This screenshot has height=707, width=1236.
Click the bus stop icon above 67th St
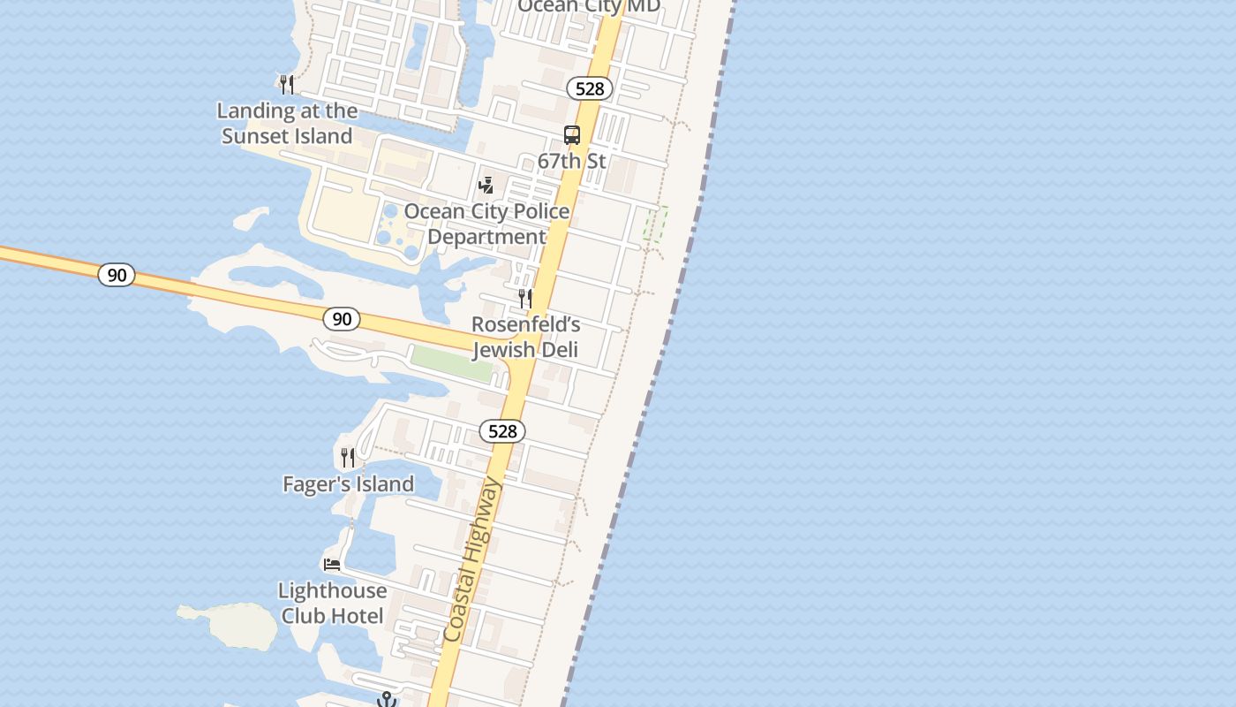(x=572, y=135)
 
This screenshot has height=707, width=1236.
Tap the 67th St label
(x=572, y=161)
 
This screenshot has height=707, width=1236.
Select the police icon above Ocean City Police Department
(x=486, y=186)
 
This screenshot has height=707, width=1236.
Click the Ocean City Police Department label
(x=486, y=224)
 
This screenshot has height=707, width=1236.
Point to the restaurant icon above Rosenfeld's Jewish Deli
(x=525, y=299)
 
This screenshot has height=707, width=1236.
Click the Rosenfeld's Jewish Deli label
(x=525, y=337)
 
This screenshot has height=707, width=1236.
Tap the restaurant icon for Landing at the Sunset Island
(x=287, y=85)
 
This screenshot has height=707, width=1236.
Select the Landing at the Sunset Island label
(x=287, y=124)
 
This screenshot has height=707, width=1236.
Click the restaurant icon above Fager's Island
(x=348, y=458)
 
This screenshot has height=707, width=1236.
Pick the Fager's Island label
(x=348, y=484)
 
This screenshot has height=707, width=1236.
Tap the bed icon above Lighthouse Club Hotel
(x=332, y=564)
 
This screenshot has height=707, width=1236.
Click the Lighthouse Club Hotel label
(x=332, y=603)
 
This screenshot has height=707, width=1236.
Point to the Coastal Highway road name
(x=472, y=560)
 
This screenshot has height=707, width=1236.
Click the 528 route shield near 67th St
(x=590, y=88)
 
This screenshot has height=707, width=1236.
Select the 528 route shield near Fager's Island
(x=502, y=431)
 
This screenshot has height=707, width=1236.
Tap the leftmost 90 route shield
(x=117, y=275)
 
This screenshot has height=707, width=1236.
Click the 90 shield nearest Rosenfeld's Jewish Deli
(x=342, y=319)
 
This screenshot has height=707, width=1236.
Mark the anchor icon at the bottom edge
(x=386, y=700)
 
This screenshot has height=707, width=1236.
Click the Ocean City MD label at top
(x=589, y=7)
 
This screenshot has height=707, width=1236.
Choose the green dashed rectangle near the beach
(x=655, y=224)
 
